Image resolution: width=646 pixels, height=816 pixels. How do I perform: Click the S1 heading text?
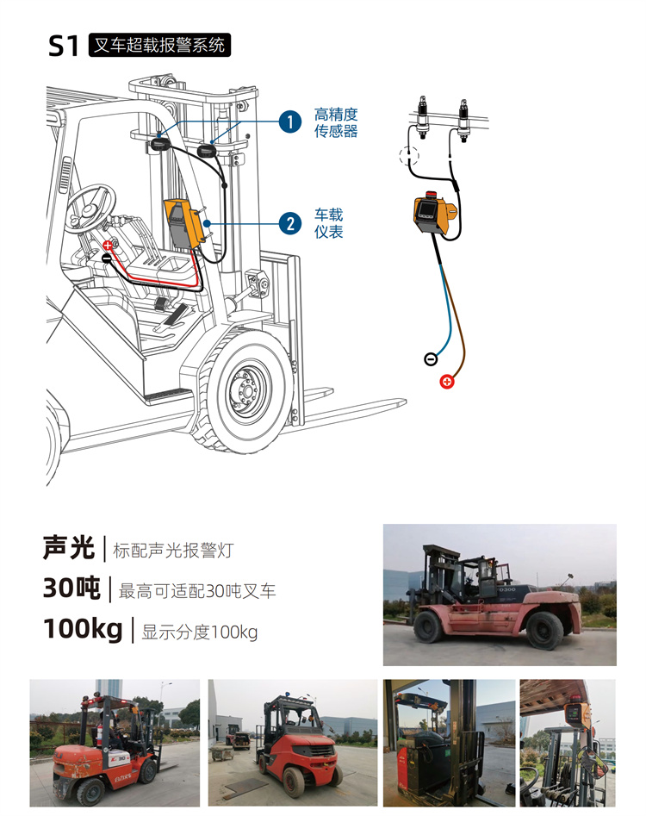(x=63, y=46)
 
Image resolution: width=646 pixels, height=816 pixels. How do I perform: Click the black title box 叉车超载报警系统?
(x=159, y=46)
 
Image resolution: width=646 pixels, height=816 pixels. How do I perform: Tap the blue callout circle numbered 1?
(x=290, y=122)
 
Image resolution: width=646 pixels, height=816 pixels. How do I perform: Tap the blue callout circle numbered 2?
(x=290, y=224)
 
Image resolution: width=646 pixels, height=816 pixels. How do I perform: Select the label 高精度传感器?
(x=336, y=122)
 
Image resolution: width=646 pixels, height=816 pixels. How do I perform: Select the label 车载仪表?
(x=329, y=223)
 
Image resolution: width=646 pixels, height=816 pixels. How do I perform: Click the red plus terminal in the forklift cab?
(x=107, y=245)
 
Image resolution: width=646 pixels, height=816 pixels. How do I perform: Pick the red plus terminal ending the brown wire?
(x=447, y=382)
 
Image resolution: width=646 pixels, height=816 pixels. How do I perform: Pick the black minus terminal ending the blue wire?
(x=431, y=358)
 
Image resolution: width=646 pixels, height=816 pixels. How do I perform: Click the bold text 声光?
(x=69, y=548)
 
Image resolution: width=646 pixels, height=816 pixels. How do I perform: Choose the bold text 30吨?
(x=71, y=589)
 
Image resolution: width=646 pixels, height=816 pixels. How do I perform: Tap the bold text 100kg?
(x=84, y=629)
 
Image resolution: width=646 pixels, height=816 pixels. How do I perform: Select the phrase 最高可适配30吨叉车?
(x=197, y=591)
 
